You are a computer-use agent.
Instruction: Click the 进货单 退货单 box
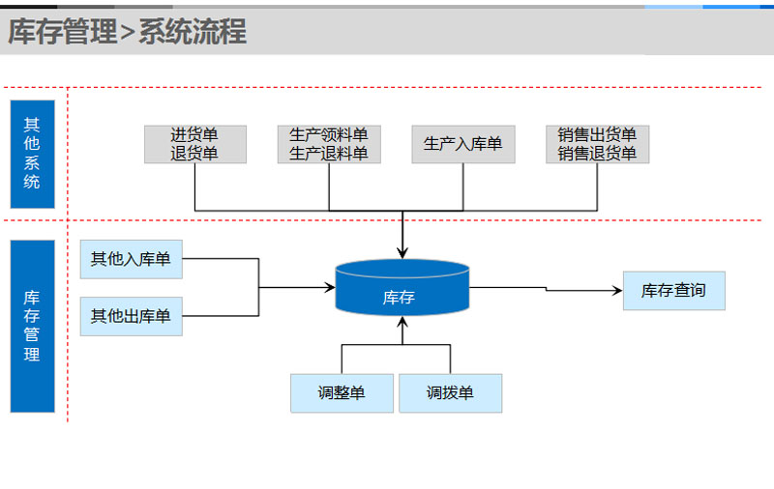[x=195, y=144]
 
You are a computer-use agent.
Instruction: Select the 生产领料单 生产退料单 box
[x=329, y=144]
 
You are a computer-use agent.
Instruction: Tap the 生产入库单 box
[x=463, y=144]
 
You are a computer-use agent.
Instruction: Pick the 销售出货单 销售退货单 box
[x=597, y=144]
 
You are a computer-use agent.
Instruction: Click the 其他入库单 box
[x=131, y=259]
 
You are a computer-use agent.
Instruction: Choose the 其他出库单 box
[x=131, y=316]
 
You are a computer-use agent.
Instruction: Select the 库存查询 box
[x=673, y=290]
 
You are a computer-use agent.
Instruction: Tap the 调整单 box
[x=342, y=393]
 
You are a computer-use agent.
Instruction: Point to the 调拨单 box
[x=450, y=393]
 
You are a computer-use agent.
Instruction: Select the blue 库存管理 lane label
[x=32, y=326]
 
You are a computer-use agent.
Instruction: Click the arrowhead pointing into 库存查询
[x=617, y=290]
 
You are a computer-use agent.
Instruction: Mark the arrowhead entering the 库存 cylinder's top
[x=402, y=253]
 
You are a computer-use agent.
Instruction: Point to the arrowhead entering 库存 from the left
[x=329, y=287]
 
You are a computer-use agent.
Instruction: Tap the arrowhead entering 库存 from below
[x=402, y=322]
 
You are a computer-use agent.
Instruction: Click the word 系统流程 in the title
[x=193, y=33]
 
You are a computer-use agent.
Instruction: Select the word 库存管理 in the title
[x=62, y=33]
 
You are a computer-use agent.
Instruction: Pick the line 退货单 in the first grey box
[x=195, y=153]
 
